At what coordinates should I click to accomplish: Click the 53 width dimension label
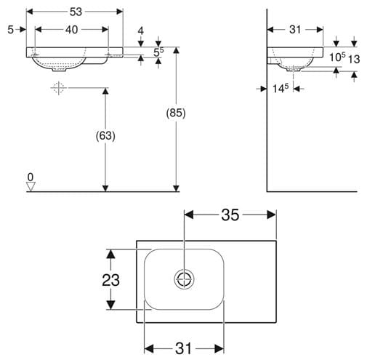tap(76, 12)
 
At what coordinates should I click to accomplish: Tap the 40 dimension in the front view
tap(72, 30)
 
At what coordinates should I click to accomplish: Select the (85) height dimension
tap(176, 113)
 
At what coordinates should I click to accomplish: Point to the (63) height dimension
tap(105, 136)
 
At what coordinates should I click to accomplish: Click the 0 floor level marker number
tap(31, 177)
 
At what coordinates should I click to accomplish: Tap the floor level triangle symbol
tap(31, 186)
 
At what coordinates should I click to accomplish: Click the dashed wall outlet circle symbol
tap(58, 88)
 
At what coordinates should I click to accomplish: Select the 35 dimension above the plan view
tap(230, 215)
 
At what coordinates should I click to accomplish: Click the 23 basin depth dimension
tap(110, 280)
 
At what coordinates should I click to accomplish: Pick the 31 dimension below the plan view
tap(184, 348)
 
